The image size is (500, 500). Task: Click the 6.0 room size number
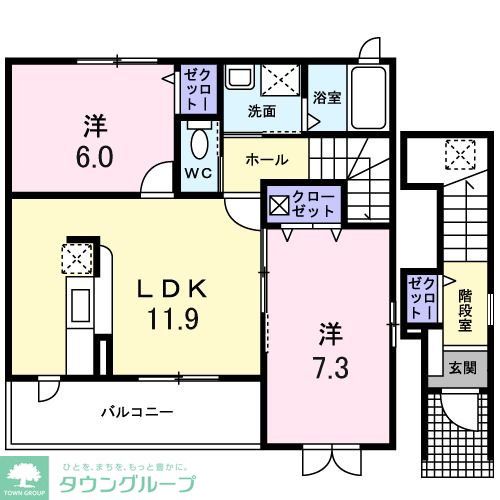coord(91,156)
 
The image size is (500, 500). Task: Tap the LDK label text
coord(171,290)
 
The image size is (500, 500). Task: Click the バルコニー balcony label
coord(137,411)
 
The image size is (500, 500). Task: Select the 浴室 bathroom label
coord(327,97)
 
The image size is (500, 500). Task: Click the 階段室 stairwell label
coord(465,309)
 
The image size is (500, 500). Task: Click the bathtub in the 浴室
coord(369,97)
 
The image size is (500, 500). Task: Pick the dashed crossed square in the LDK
coord(77,258)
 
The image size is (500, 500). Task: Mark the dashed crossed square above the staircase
coord(461,156)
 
